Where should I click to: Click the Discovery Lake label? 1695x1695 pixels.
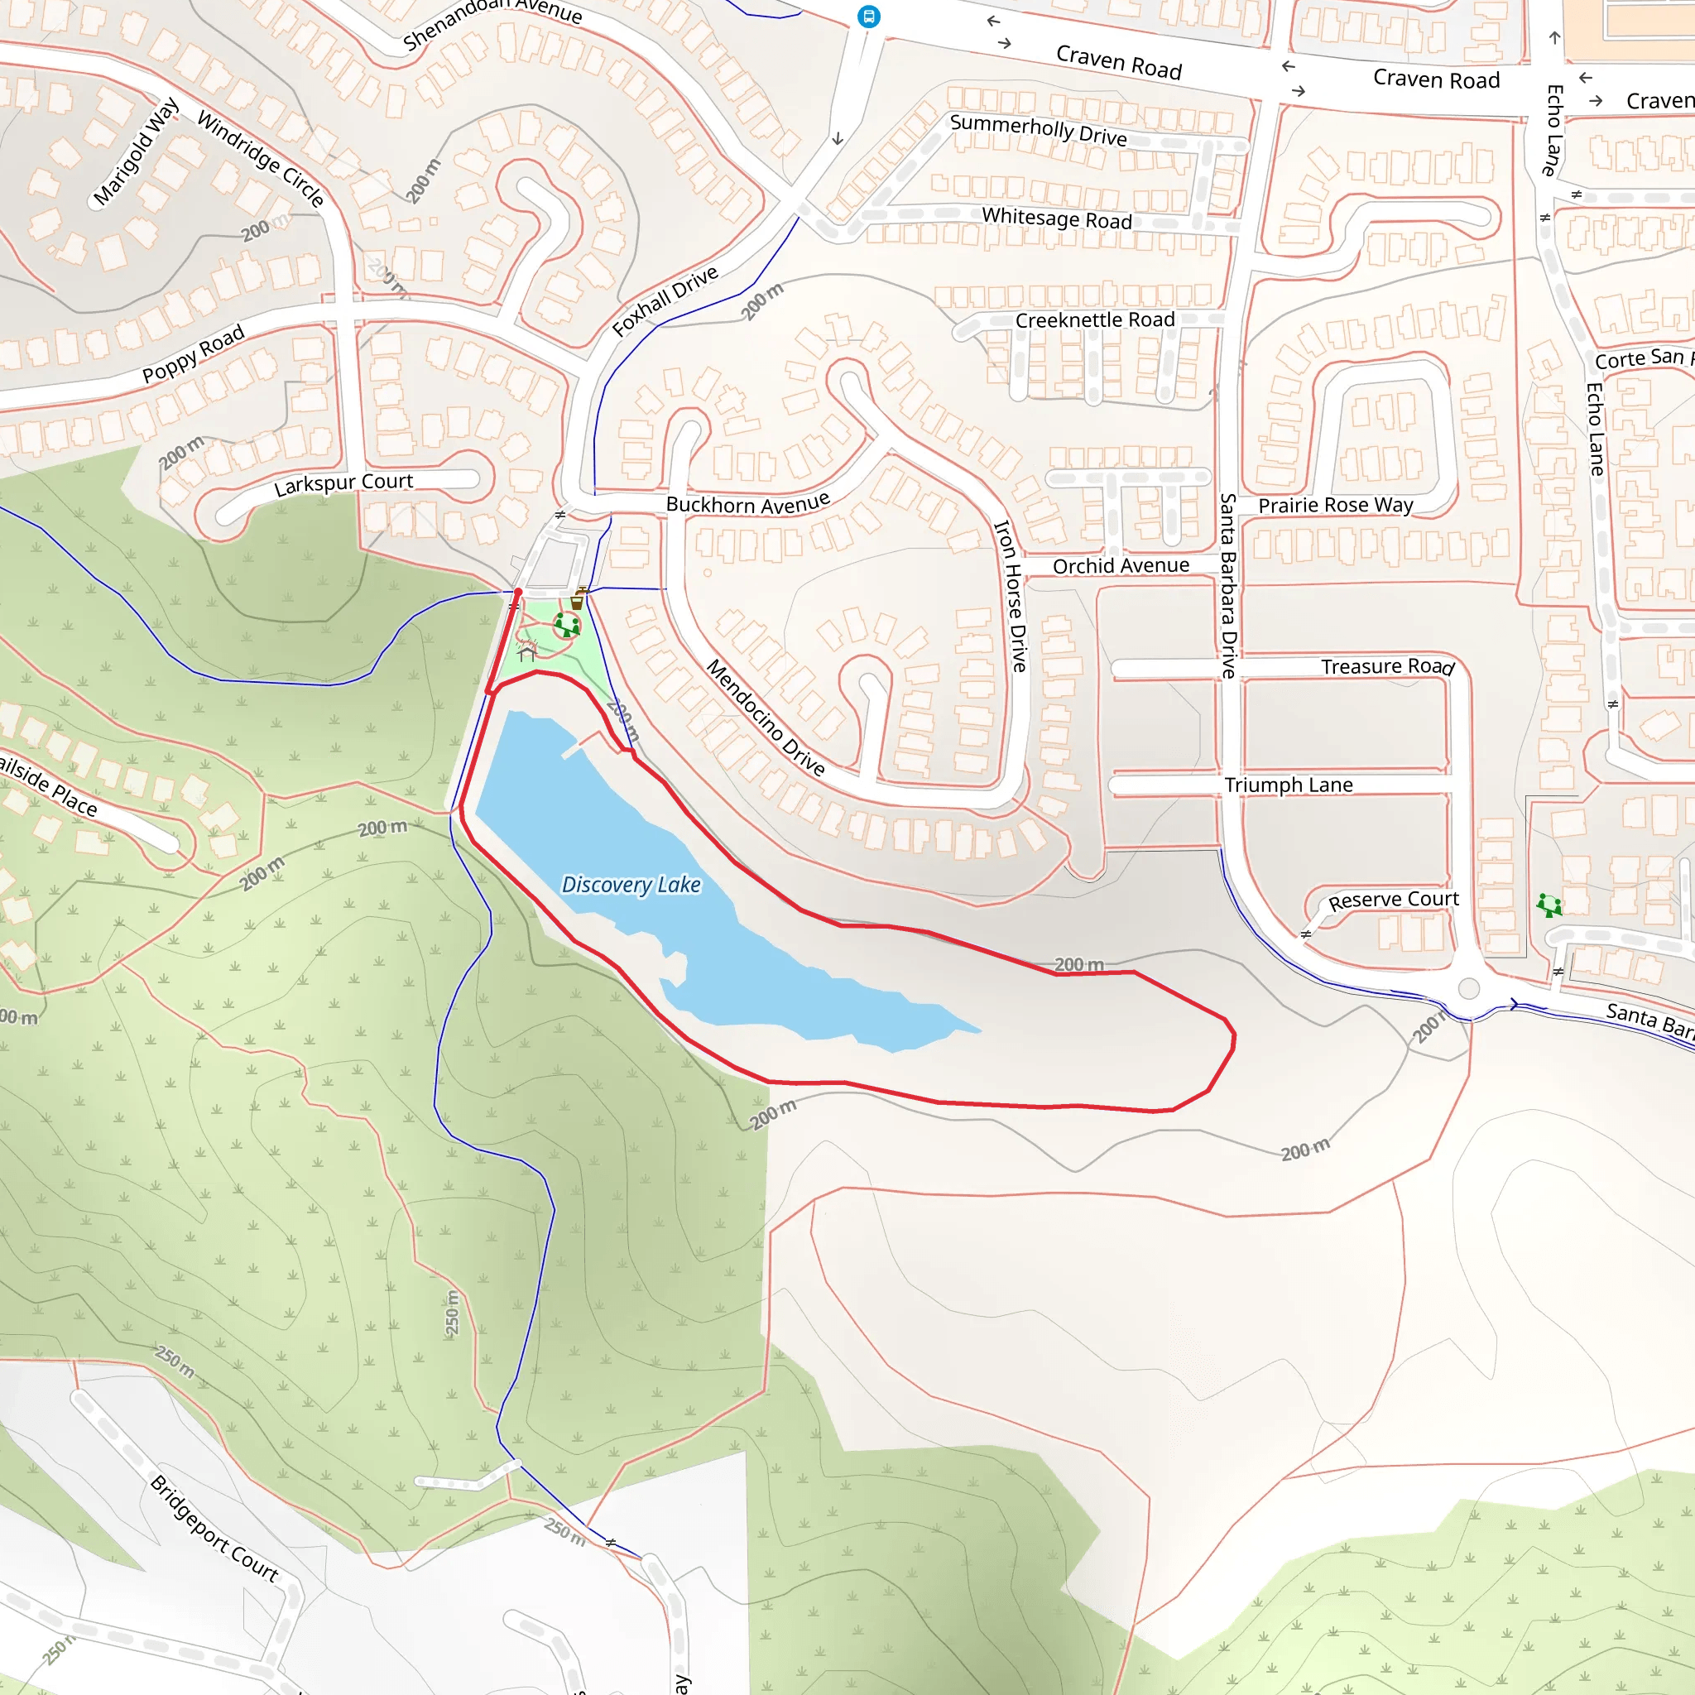click(631, 885)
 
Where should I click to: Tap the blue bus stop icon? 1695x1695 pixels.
click(868, 16)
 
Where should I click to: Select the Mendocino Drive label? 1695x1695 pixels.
click(766, 718)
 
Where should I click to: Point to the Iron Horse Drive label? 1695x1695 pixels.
click(1010, 596)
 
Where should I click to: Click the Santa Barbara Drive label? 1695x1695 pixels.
click(1228, 585)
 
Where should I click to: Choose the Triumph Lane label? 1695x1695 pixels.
click(1288, 785)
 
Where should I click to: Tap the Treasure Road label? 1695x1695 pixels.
click(1387, 667)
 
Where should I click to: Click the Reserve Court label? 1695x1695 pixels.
click(1393, 900)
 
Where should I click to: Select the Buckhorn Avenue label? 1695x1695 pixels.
click(747, 503)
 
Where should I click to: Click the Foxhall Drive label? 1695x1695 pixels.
click(665, 301)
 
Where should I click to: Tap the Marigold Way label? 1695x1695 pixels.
click(136, 151)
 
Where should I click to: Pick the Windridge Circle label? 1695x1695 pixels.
click(261, 158)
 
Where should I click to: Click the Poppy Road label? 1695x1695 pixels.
click(193, 353)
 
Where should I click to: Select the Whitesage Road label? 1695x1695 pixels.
click(1056, 218)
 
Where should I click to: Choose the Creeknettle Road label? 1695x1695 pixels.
click(1094, 320)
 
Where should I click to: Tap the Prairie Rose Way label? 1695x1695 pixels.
click(1335, 506)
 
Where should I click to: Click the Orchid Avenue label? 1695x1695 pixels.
click(1121, 566)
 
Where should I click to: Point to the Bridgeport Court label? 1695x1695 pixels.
click(214, 1529)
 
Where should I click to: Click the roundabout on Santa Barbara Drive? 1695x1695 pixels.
click(1469, 988)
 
